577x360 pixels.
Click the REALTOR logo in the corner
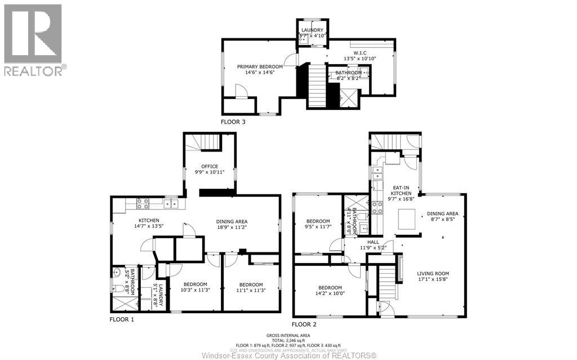pyautogui.click(x=33, y=39)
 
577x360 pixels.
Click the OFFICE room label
pyautogui.click(x=210, y=166)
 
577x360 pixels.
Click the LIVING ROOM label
pyautogui.click(x=433, y=274)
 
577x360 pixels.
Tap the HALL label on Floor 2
pyautogui.click(x=373, y=241)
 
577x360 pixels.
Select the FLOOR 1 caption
pyautogui.click(x=122, y=319)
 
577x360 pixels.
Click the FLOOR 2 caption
pyautogui.click(x=304, y=325)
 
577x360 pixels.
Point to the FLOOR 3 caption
pyautogui.click(x=233, y=121)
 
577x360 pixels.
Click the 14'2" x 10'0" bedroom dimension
pyautogui.click(x=330, y=293)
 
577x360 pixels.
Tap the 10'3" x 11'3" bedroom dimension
pyautogui.click(x=194, y=290)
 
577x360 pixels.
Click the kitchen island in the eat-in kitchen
pyautogui.click(x=406, y=219)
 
